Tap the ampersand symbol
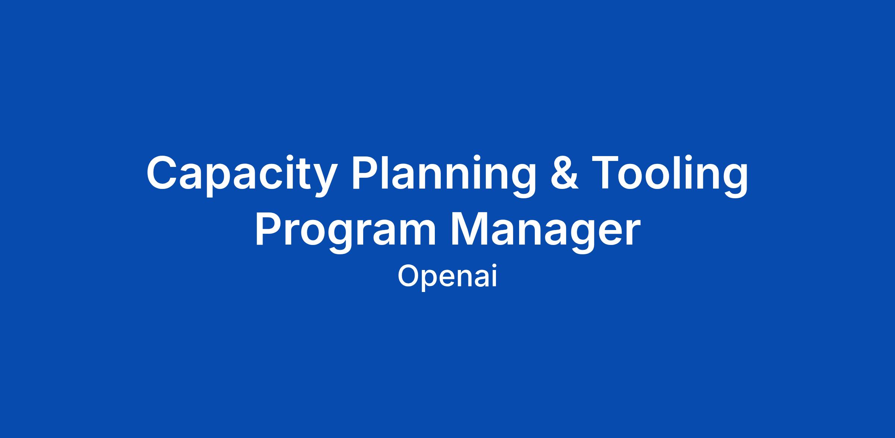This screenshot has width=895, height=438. pyautogui.click(x=565, y=173)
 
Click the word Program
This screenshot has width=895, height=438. pyautogui.click(x=345, y=232)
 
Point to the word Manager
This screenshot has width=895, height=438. pyautogui.click(x=546, y=232)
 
